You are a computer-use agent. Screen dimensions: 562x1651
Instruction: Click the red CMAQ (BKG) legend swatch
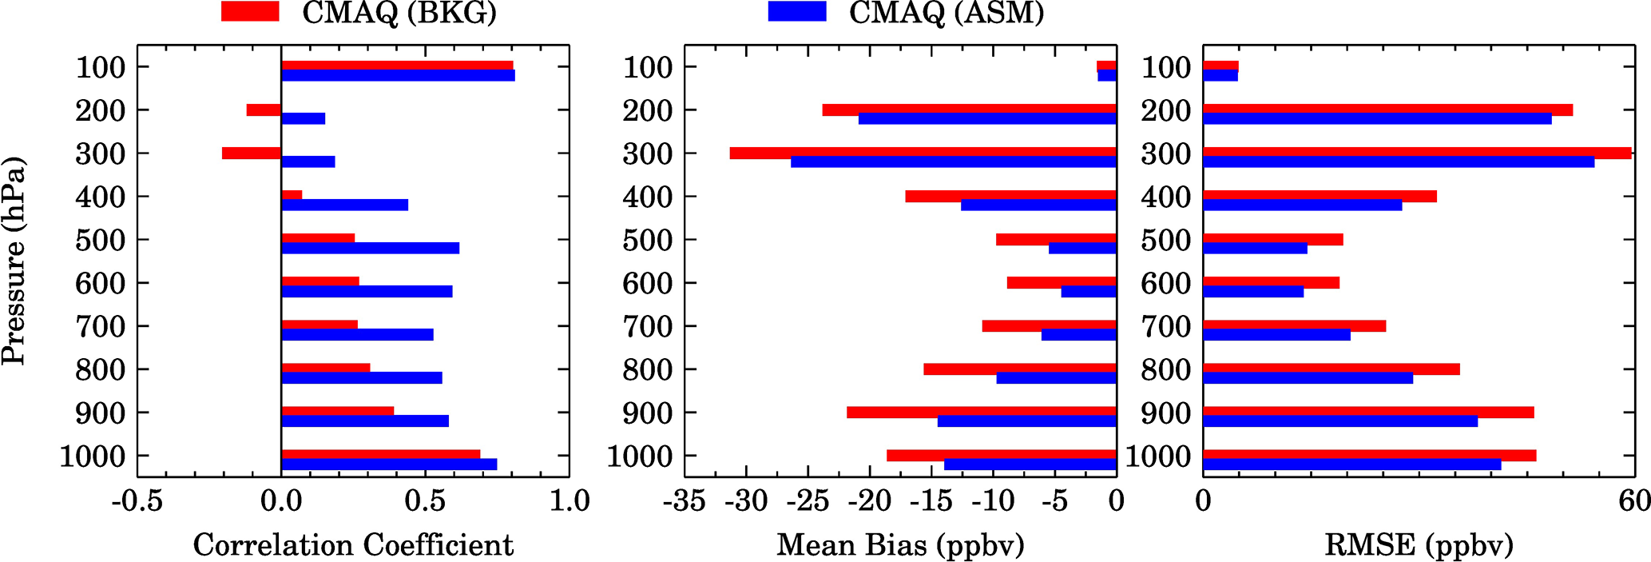[x=249, y=12]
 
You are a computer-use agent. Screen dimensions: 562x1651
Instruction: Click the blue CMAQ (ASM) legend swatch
[x=796, y=12]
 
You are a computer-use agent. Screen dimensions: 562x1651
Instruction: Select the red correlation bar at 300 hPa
[x=252, y=153]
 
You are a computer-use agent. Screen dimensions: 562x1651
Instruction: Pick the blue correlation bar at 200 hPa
[x=304, y=119]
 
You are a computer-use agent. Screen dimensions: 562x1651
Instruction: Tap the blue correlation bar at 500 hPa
[x=370, y=249]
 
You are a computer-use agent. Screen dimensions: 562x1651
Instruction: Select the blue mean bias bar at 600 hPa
[x=1089, y=292]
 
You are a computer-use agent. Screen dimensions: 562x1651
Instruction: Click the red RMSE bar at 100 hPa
[x=1220, y=66]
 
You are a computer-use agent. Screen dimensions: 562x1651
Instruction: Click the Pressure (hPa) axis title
[x=14, y=261]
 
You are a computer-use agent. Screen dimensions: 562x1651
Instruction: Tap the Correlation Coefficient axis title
[x=353, y=545]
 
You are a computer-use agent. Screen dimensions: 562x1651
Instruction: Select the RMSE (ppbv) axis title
[x=1419, y=545]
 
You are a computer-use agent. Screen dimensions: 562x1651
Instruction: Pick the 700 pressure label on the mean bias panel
[x=648, y=326]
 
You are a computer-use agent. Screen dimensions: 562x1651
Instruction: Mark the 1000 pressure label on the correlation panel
[x=93, y=456]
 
